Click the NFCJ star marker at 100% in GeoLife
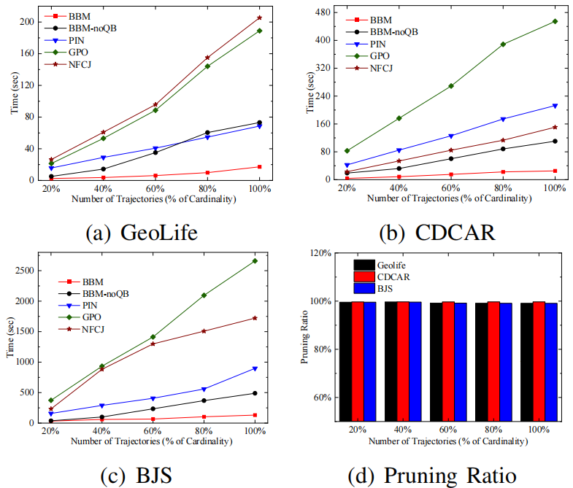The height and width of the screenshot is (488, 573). (x=259, y=18)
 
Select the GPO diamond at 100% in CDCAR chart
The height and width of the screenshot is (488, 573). (x=555, y=21)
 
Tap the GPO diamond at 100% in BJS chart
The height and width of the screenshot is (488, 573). (x=255, y=260)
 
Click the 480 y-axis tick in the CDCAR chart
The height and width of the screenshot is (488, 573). (x=327, y=12)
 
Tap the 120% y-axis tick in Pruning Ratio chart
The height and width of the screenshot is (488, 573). (x=322, y=253)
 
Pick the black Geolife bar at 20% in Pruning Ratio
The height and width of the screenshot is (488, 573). (x=345, y=361)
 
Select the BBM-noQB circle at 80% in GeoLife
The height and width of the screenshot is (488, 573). (x=208, y=133)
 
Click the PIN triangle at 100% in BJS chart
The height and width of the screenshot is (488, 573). (x=255, y=368)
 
